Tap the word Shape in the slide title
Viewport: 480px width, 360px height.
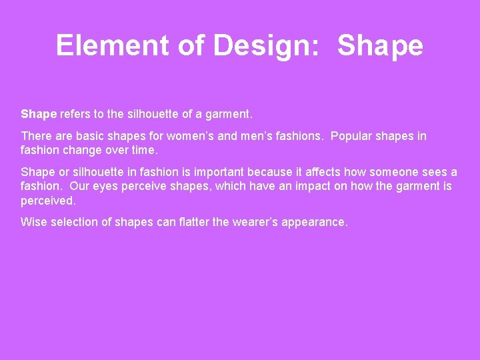[380, 45]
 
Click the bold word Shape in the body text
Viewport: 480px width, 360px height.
[39, 114]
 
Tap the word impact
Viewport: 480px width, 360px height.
[303, 186]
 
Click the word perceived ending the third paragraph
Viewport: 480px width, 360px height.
[49, 201]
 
